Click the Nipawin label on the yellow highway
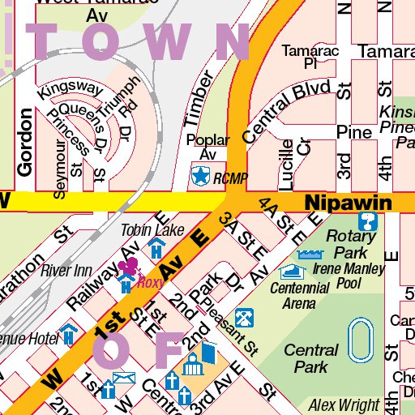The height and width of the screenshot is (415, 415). [x=348, y=201]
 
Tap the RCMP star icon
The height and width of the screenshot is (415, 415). [x=199, y=173]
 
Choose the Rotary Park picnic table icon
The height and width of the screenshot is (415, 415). [x=368, y=221]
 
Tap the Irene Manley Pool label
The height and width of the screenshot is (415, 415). [x=348, y=276]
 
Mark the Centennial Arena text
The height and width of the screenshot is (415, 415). [x=300, y=295]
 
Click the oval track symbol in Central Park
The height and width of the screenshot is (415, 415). [x=359, y=340]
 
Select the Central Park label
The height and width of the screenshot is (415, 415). [x=311, y=358]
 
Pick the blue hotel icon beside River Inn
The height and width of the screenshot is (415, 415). [x=125, y=283]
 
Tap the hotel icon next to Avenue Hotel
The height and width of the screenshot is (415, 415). [x=70, y=332]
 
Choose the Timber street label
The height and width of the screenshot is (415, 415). [x=198, y=99]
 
